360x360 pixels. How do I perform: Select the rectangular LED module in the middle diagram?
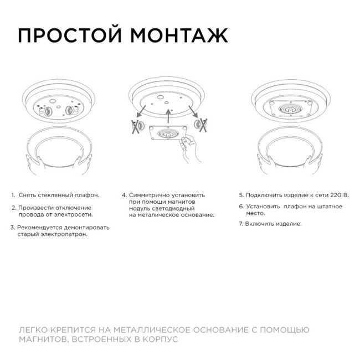point(166,135)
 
